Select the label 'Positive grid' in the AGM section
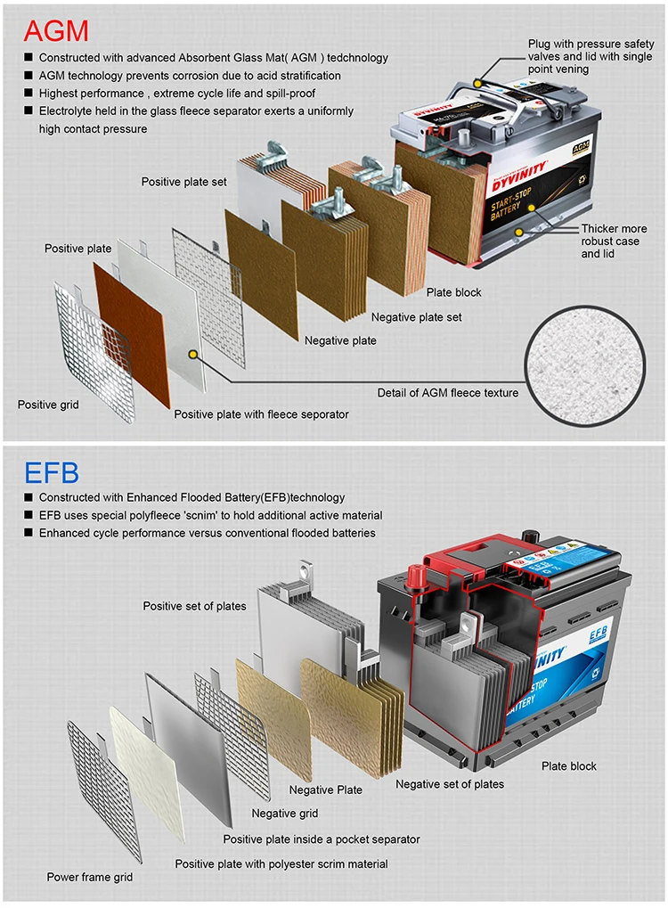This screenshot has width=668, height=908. point(48,405)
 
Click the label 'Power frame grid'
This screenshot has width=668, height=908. point(90,877)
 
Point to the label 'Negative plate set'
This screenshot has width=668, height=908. point(416,317)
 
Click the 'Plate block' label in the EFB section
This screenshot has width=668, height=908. point(569,766)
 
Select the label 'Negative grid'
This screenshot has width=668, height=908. point(285,813)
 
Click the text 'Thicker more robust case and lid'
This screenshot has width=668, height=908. point(614,241)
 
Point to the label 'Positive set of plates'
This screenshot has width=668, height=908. point(194,606)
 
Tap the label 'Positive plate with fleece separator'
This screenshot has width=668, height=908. point(261,413)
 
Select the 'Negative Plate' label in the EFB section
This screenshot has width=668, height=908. point(325,789)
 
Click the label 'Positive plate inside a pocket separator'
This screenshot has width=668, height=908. point(321,838)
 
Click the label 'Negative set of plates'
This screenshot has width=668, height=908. point(450,784)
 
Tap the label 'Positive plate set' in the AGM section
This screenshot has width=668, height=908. point(183,182)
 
